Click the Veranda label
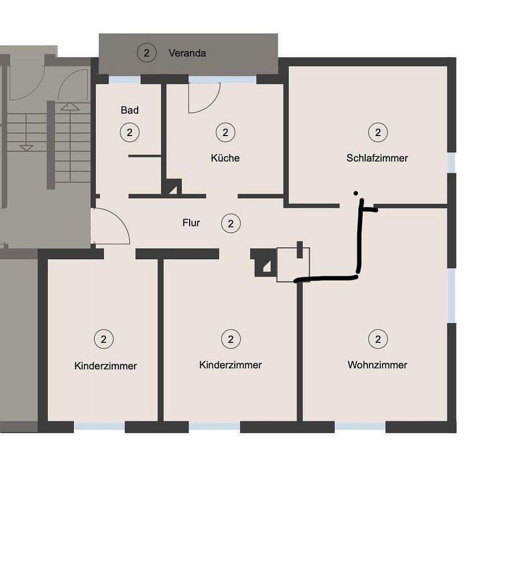187,53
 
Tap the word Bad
129,110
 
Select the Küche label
225,158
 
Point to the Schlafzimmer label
377,158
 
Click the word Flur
191,223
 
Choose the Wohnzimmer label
377,365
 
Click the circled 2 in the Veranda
147,52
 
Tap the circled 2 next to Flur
231,224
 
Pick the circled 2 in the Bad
129,132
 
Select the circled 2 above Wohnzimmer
378,339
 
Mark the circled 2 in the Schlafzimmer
378,132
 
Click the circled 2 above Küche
225,132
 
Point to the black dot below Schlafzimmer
355,193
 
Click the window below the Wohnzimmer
359,426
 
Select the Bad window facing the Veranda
125,79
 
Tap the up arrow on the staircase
70,107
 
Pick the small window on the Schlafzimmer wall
451,163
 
